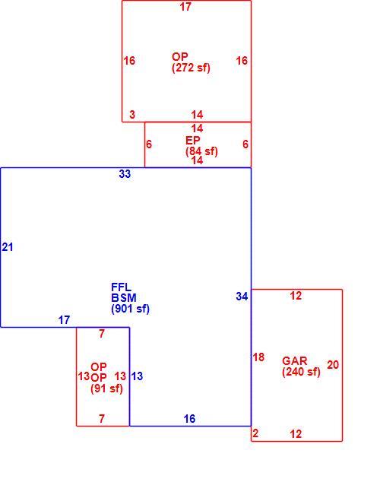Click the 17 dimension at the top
[185, 7]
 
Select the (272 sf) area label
[191, 68]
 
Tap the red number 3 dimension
[132, 115]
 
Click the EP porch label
[193, 141]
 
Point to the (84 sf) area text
[201, 151]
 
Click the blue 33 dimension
[125, 174]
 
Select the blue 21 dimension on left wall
[8, 247]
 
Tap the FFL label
[122, 287]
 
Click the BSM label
[124, 298]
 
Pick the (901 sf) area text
[131, 309]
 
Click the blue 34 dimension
[242, 297]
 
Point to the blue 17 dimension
[64, 320]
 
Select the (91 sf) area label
[106, 389]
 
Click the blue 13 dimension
[137, 376]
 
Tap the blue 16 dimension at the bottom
[189, 419]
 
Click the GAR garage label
[294, 361]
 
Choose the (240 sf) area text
[301, 372]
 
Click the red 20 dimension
[333, 365]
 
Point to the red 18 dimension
[258, 357]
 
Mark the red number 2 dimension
[255, 433]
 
